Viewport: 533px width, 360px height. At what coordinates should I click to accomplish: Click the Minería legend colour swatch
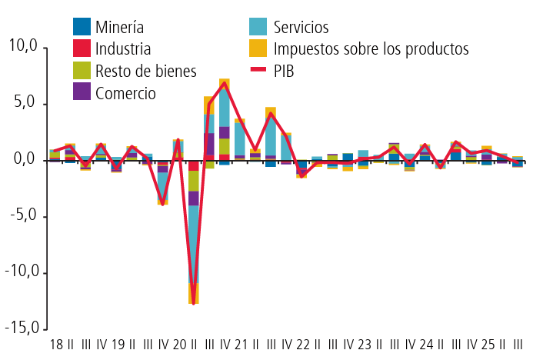point(81,27)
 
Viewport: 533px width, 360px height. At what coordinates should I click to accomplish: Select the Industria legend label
point(122,48)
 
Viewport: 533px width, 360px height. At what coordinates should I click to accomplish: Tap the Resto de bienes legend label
point(146,71)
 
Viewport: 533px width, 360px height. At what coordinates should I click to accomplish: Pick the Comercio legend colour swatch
point(81,92)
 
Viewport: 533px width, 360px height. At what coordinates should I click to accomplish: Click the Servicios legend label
point(301,27)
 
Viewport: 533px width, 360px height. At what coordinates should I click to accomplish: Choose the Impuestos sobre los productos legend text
point(371,48)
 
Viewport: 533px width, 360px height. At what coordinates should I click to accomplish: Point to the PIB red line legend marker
point(259,71)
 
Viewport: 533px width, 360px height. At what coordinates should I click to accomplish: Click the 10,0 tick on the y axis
point(22,46)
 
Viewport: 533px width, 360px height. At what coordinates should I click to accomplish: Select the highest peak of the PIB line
point(224,83)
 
